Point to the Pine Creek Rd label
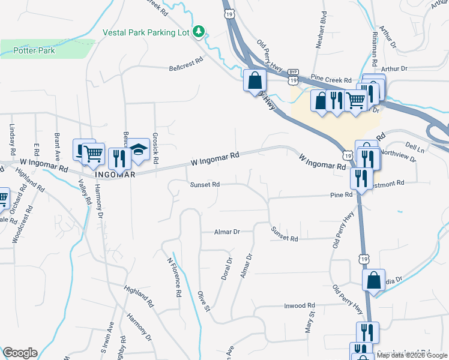click(x=330, y=79)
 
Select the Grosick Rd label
click(x=155, y=146)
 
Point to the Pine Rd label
click(x=340, y=195)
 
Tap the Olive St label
click(x=203, y=301)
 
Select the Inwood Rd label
click(x=299, y=305)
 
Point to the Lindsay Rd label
click(x=12, y=139)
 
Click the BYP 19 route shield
click(x=293, y=76)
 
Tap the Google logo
click(x=20, y=353)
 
